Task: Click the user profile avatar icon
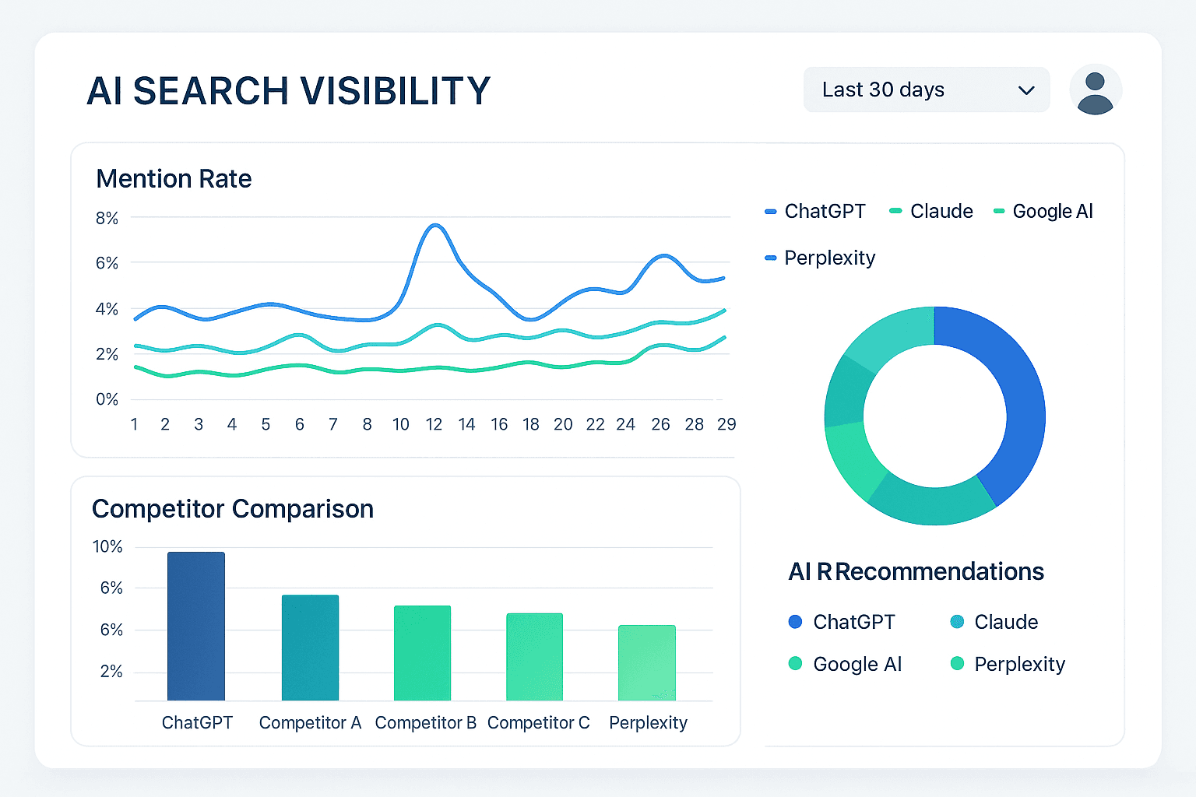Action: tap(1095, 90)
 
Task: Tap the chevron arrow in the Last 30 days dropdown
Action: tap(1026, 90)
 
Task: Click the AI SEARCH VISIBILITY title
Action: tap(288, 91)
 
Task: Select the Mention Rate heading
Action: tap(174, 179)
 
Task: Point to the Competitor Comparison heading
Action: tap(233, 509)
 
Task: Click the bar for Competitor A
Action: tap(310, 648)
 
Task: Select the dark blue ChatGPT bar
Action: tap(196, 627)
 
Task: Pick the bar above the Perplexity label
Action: tap(647, 662)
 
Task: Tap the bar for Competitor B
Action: tap(422, 653)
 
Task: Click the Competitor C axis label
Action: tap(538, 723)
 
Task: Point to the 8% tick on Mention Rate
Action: tap(107, 219)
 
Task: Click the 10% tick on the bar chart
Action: tap(107, 547)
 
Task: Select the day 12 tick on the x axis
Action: tap(434, 424)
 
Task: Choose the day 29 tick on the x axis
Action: tap(726, 424)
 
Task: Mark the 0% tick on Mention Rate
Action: tap(107, 399)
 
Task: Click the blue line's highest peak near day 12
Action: tap(434, 225)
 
